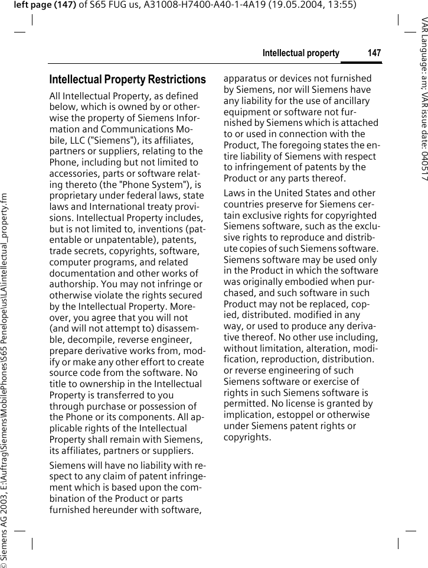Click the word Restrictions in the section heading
175,80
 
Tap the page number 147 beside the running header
374,53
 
